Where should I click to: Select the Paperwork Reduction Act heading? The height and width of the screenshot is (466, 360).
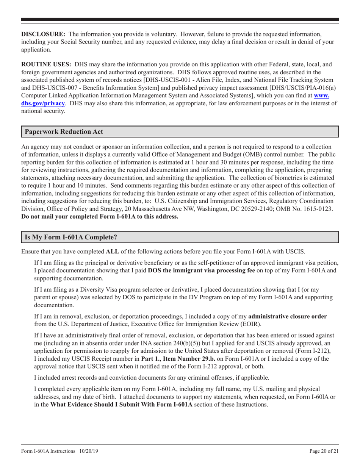point(64,132)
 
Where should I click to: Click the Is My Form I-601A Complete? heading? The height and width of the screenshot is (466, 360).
point(71,238)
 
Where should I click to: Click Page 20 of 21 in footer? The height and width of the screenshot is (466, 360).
point(324,452)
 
